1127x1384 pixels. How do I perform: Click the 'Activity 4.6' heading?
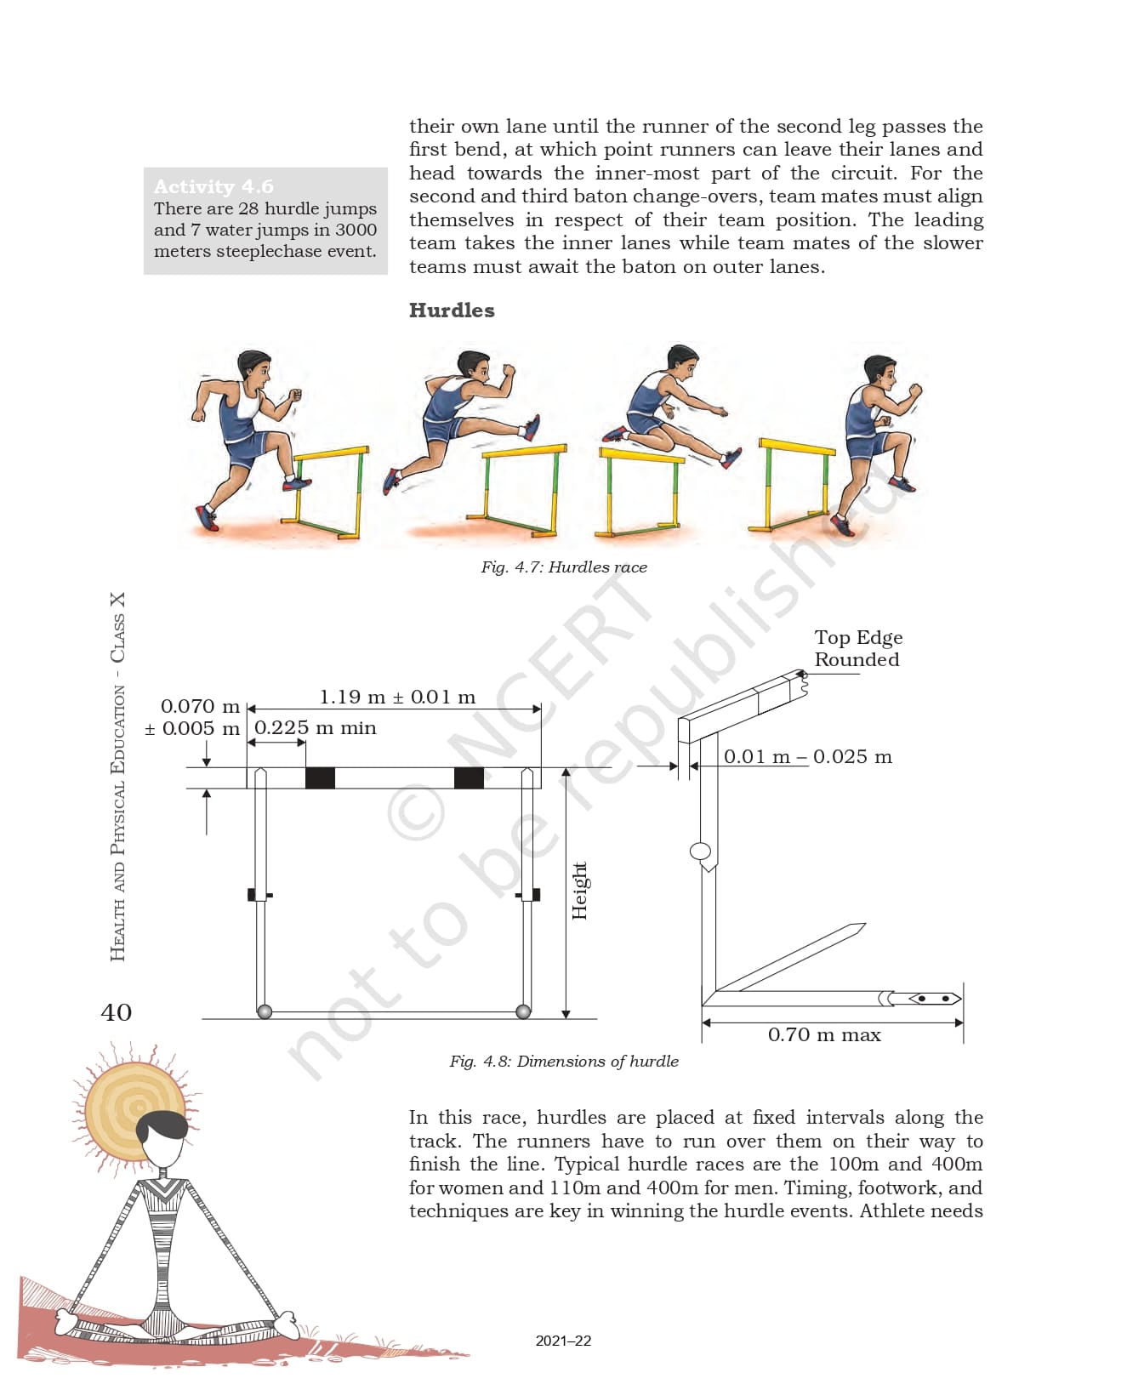(213, 186)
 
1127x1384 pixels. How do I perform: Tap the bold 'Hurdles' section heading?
(452, 310)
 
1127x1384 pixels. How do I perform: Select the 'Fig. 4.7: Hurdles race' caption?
(563, 567)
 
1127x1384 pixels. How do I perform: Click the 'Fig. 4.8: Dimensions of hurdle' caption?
(563, 1062)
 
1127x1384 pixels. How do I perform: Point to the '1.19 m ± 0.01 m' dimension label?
(397, 698)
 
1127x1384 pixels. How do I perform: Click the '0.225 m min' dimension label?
(316, 728)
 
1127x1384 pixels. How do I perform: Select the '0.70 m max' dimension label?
(824, 1035)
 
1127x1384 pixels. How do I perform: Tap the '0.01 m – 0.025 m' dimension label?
(808, 757)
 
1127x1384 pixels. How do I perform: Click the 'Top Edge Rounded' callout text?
(857, 648)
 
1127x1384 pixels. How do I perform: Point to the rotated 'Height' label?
(579, 891)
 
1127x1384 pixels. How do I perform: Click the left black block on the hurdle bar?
(320, 777)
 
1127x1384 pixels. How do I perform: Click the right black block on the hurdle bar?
(469, 777)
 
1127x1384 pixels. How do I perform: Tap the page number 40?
(117, 1012)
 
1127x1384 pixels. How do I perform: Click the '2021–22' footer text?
(563, 1341)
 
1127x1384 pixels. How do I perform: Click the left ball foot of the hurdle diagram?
(265, 1011)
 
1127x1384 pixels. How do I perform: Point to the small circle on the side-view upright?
(701, 851)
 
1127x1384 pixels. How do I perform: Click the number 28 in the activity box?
(248, 209)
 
